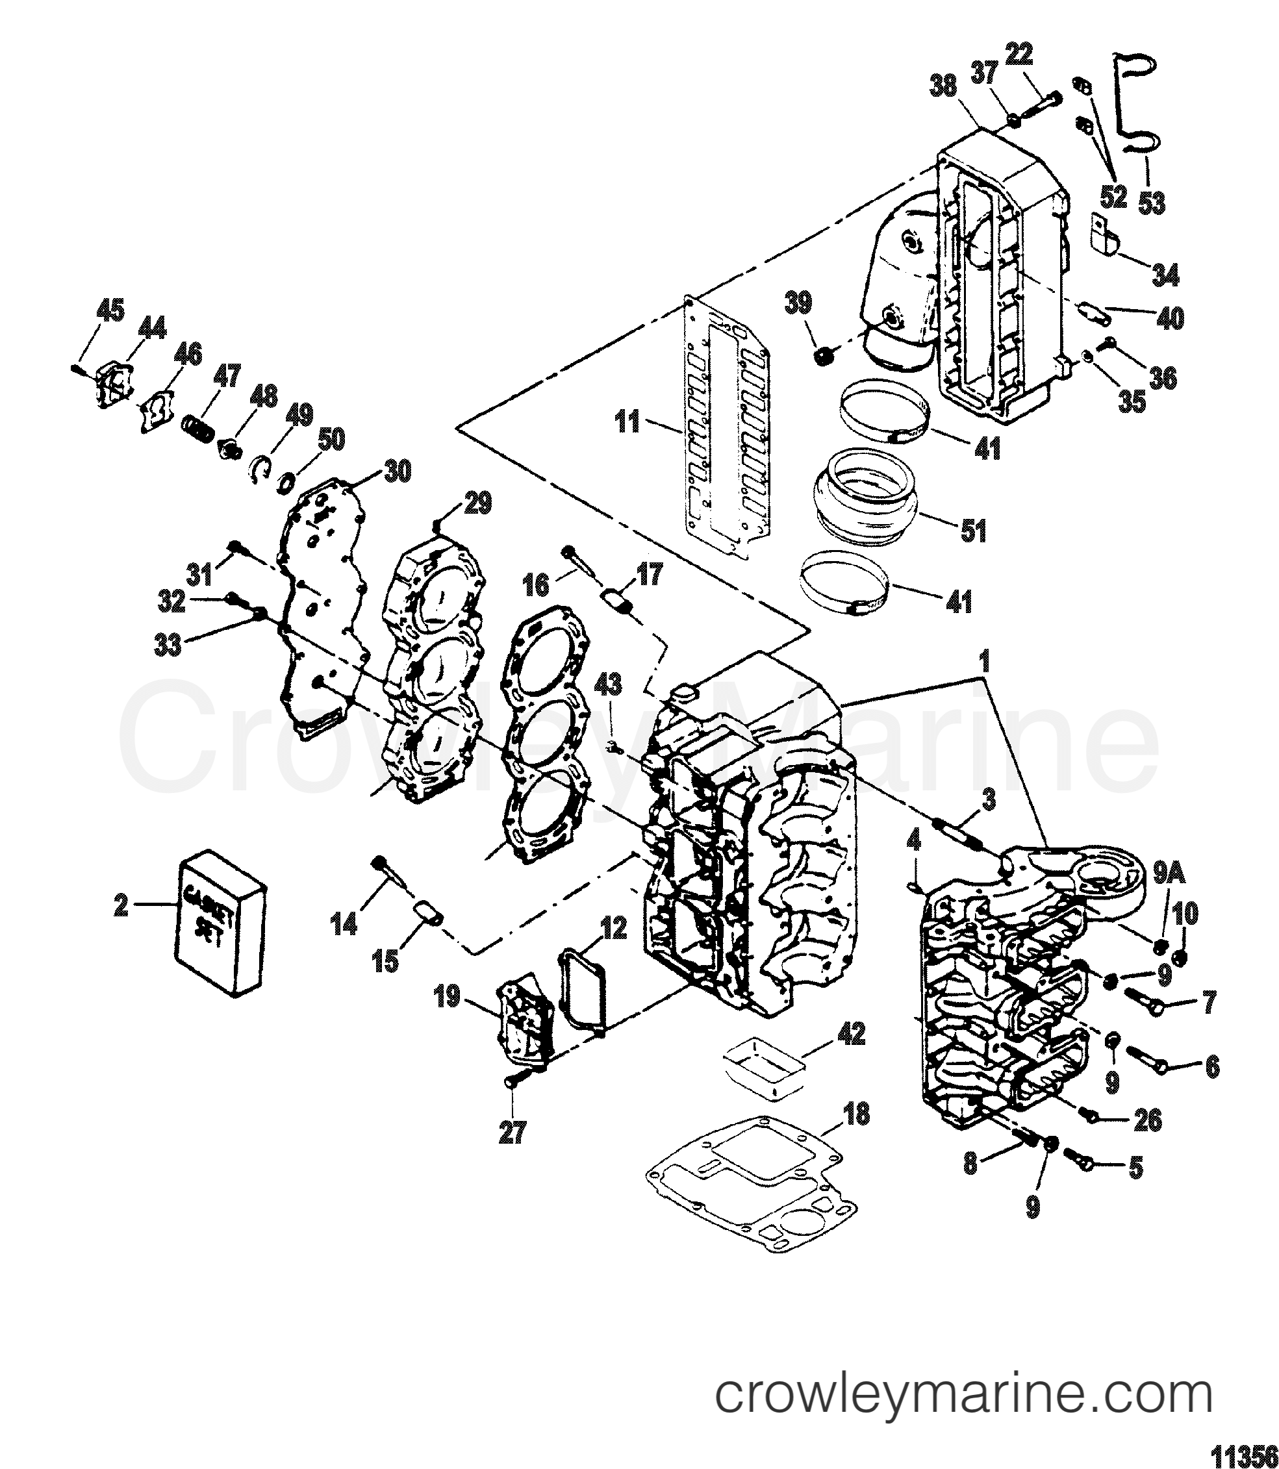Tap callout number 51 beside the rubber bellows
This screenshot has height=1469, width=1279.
tap(974, 531)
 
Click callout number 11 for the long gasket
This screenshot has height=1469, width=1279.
tap(628, 422)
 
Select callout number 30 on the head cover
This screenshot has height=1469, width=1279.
tap(398, 471)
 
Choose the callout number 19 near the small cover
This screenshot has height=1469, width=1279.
tap(448, 997)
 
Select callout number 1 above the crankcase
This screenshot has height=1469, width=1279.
tap(984, 662)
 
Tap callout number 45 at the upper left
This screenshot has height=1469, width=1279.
tap(110, 311)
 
